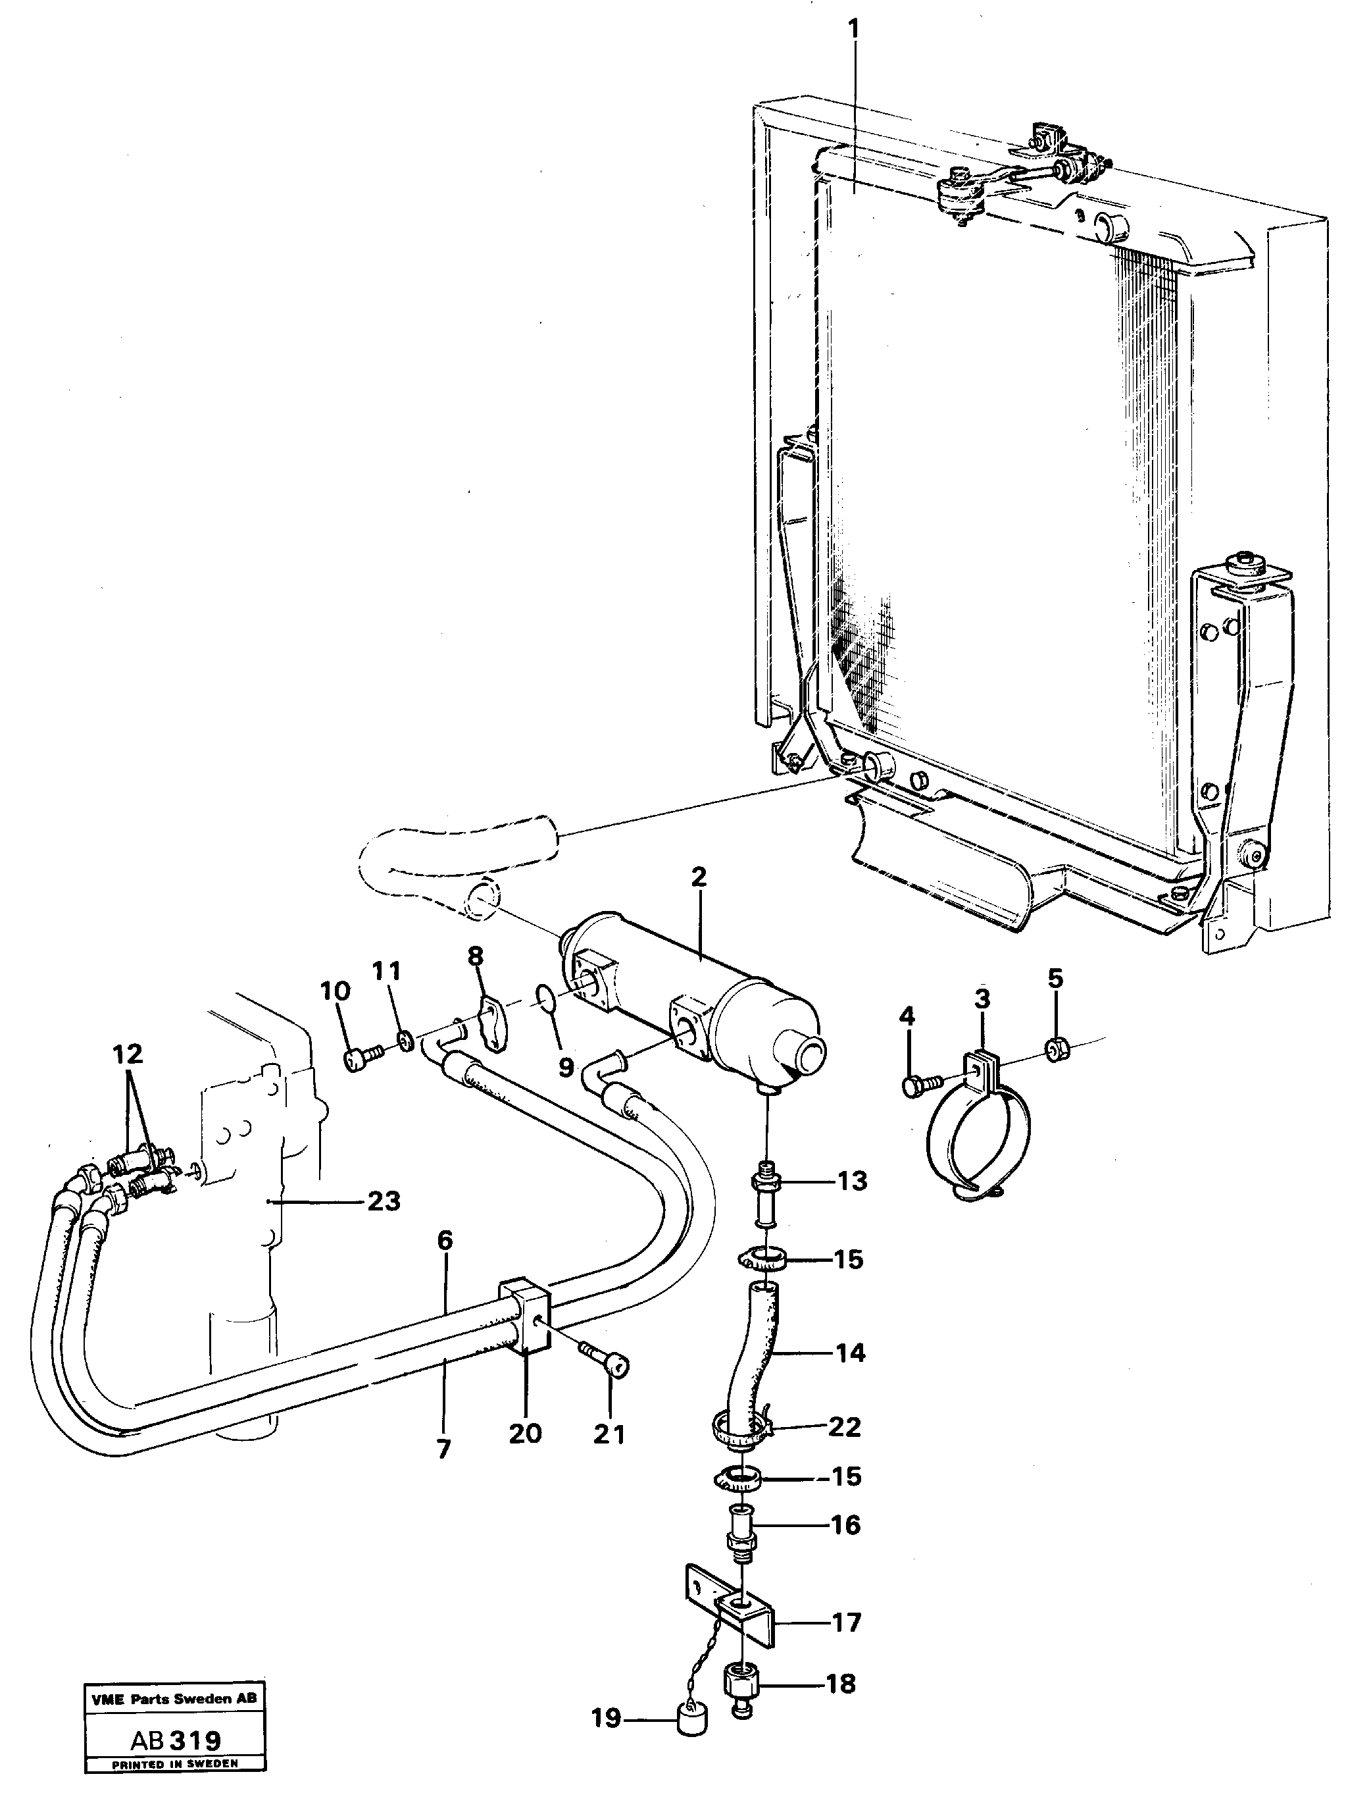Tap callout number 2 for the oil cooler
(x=699, y=877)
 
